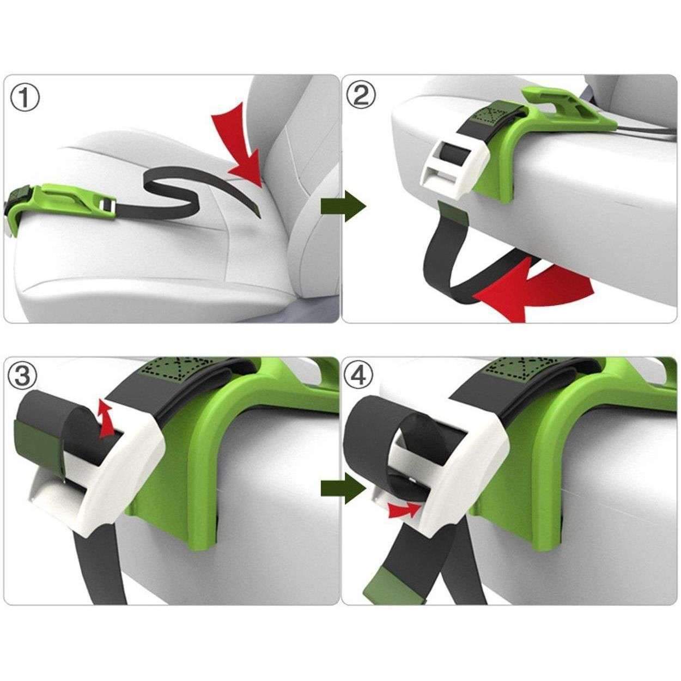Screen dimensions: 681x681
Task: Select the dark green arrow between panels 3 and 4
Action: coord(342,488)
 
